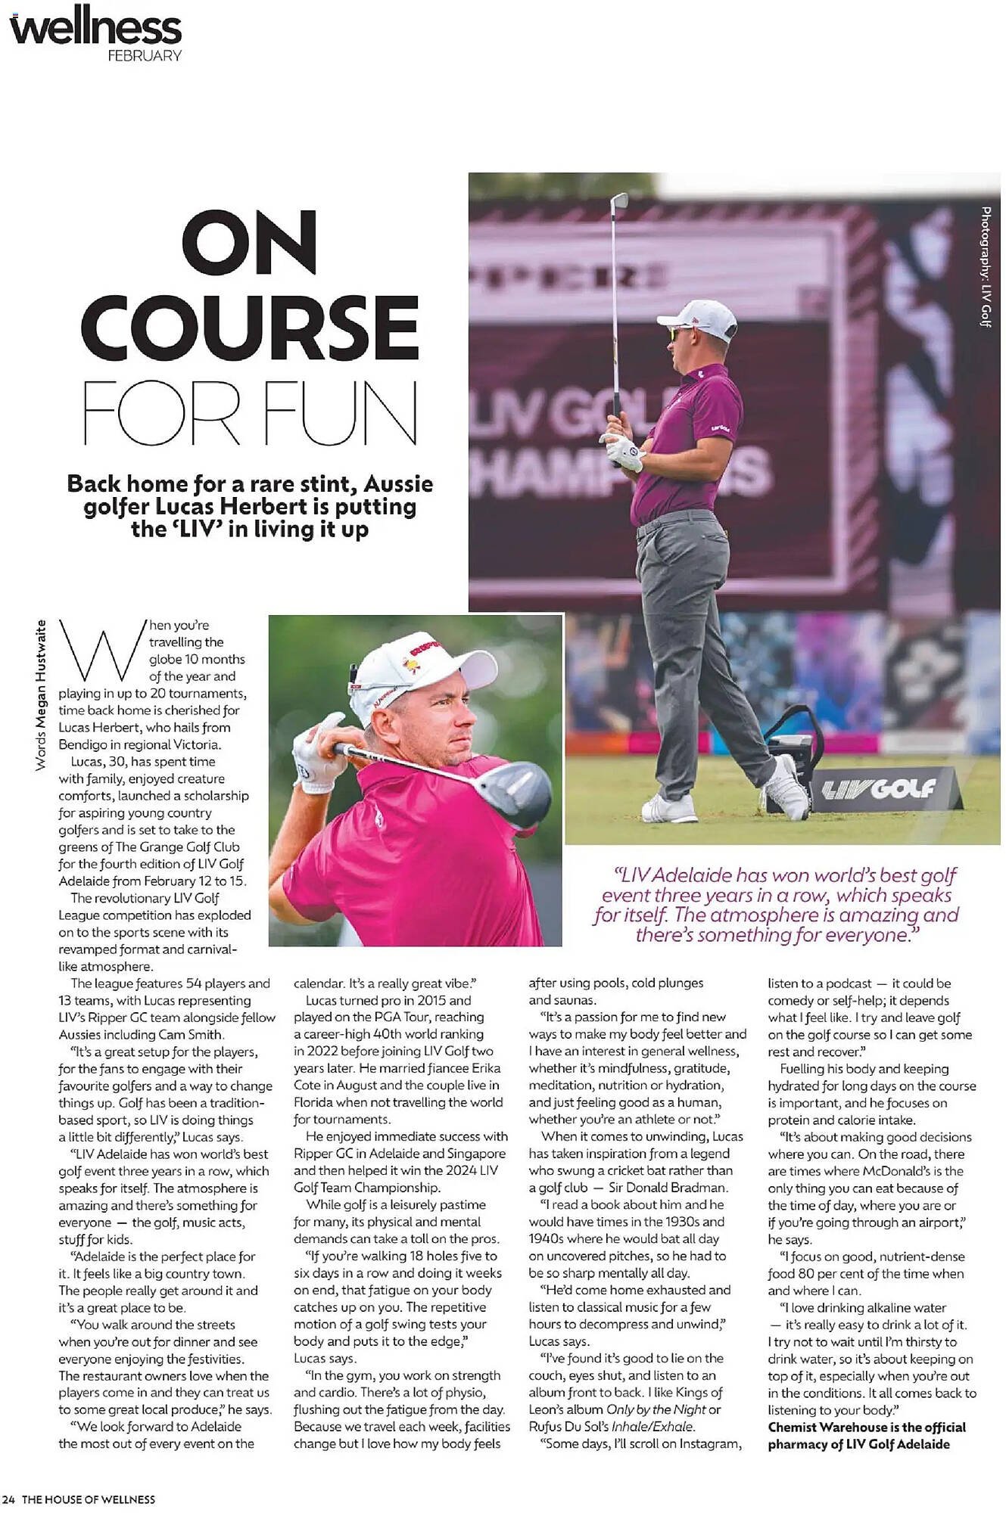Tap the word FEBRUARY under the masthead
[x=144, y=56]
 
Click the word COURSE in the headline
[x=249, y=327]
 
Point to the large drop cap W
[x=101, y=649]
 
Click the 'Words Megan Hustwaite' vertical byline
[x=41, y=694]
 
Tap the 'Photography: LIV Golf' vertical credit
[x=986, y=266]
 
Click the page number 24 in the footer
[x=8, y=1499]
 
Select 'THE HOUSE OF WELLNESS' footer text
[x=89, y=1499]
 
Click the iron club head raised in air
[x=618, y=202]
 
